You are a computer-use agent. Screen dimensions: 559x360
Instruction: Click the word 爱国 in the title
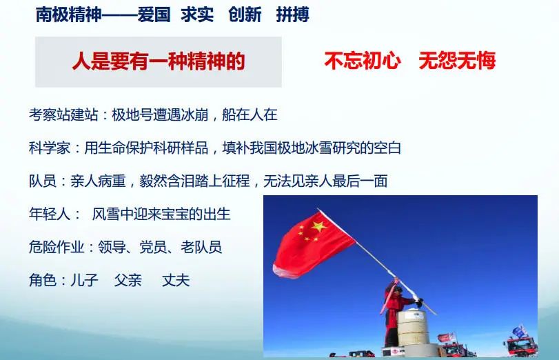154,14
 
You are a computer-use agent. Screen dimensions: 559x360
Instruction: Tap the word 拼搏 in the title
293,14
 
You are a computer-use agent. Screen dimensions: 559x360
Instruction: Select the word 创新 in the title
245,14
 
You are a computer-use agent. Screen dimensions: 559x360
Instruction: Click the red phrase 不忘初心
362,60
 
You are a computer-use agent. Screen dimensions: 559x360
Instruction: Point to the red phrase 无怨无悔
457,60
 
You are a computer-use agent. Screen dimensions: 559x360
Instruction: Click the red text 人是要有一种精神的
159,61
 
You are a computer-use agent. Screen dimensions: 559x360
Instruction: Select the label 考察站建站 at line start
63,115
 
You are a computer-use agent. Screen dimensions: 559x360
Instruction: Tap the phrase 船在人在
250,115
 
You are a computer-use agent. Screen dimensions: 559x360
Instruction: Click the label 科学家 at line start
50,148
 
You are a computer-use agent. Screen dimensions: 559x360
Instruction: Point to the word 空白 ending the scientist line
387,148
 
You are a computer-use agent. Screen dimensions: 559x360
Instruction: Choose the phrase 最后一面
360,181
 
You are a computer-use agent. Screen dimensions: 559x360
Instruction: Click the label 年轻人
50,214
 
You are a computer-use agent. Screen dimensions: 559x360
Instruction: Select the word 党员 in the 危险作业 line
153,247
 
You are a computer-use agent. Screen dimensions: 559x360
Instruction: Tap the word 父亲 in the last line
128,280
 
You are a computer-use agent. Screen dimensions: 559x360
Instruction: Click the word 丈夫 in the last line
175,280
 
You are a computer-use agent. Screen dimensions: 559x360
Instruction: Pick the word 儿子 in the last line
84,280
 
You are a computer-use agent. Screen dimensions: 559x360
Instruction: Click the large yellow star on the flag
318,226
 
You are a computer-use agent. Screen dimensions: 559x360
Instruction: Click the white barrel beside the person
412,328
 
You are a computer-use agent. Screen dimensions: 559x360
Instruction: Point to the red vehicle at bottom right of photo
521,346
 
